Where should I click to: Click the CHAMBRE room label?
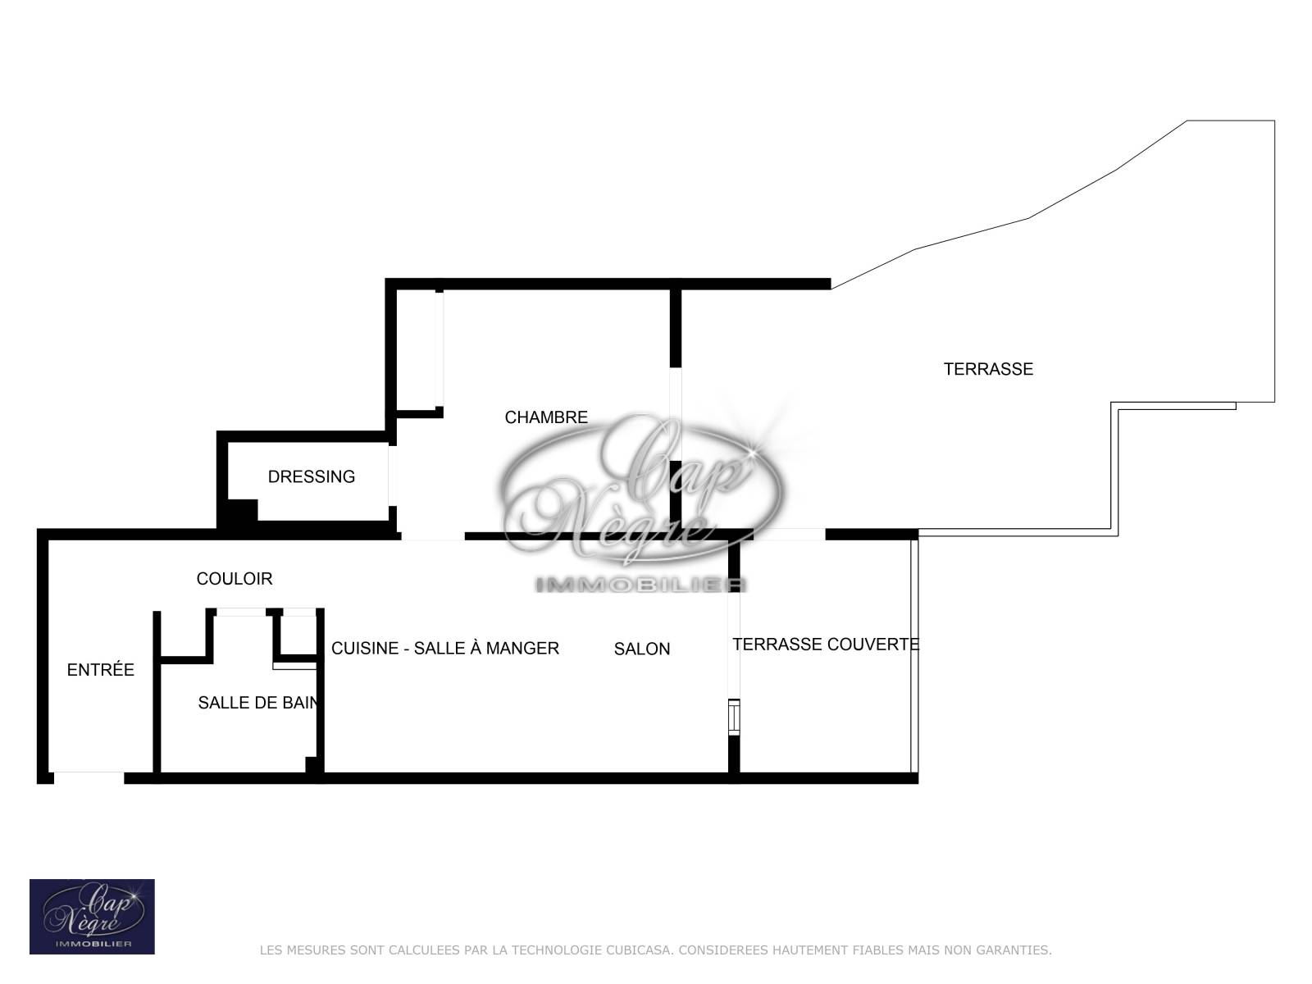pos(546,417)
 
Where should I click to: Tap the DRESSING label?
pos(312,476)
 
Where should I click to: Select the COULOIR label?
pos(235,578)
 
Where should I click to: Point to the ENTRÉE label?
pos(100,669)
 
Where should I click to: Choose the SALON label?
pos(642,649)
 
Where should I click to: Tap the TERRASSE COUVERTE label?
pos(826,644)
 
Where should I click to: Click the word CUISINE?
pos(365,649)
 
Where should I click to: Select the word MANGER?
pos(522,649)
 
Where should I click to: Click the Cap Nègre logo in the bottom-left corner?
pos(92,917)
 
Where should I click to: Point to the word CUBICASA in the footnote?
pos(638,950)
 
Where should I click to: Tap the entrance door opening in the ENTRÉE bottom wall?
pos(89,778)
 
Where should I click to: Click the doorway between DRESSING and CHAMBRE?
pos(393,476)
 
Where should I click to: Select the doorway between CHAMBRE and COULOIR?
pos(433,536)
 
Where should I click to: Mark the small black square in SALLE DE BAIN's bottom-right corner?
pos(312,765)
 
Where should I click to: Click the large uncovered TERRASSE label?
pos(989,369)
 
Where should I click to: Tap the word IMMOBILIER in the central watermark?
pos(640,585)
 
